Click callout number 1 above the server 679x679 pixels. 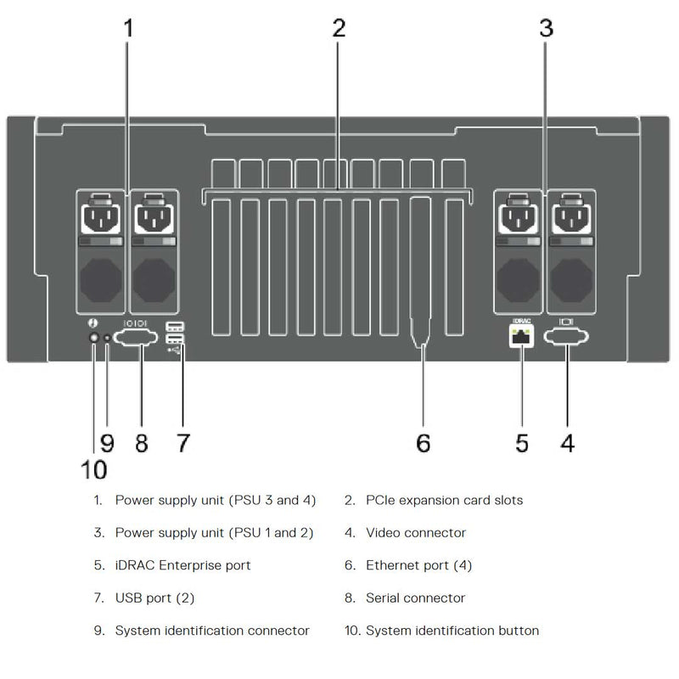129,28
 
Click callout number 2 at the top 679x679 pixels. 339,28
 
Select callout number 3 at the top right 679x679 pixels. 546,28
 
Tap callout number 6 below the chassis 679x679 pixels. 423,442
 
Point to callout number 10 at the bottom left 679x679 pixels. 94,469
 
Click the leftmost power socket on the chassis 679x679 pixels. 101,220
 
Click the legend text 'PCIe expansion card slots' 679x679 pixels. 444,500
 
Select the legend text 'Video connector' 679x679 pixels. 416,533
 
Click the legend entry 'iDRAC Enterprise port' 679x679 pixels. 182,565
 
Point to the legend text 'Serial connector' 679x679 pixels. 416,598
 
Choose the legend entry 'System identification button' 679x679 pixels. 452,631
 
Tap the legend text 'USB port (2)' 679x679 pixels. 154,598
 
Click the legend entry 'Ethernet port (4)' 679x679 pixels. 419,565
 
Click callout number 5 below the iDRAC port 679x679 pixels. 521,442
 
